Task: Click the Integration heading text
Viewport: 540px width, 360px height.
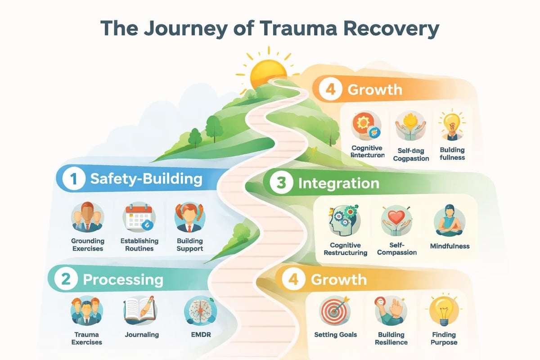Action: coord(338,184)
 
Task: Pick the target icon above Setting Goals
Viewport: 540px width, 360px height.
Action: coord(336,310)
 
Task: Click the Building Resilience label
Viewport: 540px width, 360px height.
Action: coord(391,338)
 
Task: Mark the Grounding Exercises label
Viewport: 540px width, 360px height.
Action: coord(87,245)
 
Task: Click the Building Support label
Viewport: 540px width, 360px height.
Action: coord(190,245)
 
